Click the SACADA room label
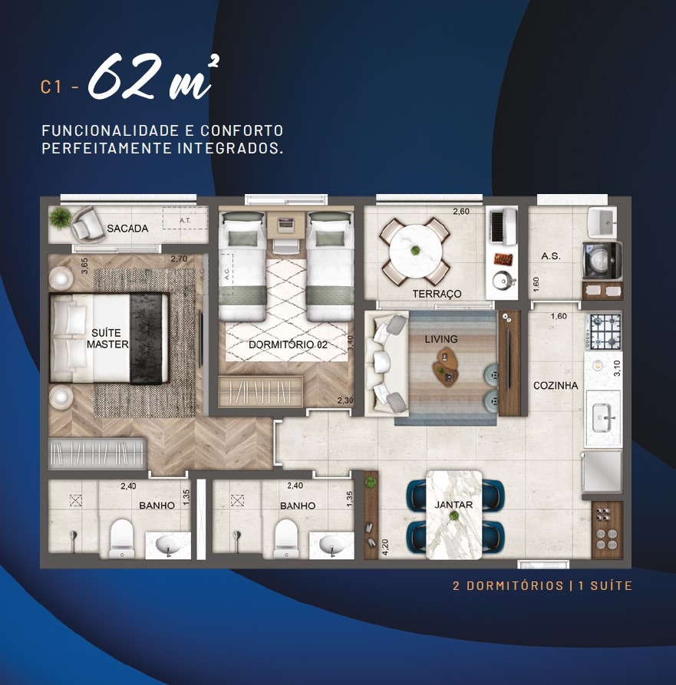point(127,228)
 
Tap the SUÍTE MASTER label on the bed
point(107,338)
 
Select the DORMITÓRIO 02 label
point(288,344)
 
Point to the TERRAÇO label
point(437,294)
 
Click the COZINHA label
point(556,385)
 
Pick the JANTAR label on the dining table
point(453,505)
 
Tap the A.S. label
point(551,256)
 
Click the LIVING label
point(441,339)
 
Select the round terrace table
point(415,251)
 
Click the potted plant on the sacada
point(60,217)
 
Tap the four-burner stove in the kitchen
point(605,331)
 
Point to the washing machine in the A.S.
point(602,261)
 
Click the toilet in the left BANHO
point(121,538)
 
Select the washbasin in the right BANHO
point(332,545)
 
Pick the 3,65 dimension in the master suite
point(84,266)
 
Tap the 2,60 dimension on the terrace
point(460,212)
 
